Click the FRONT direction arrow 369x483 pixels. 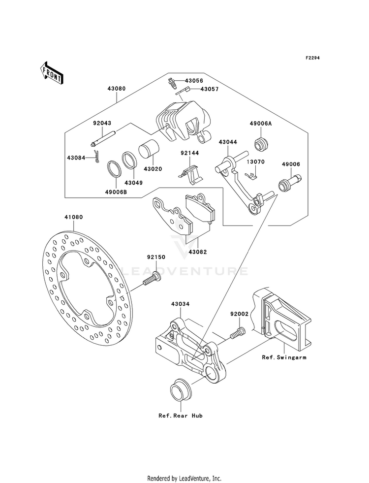51,72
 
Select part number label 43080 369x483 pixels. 116,89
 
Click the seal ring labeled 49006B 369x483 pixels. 114,169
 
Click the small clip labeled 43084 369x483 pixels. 97,157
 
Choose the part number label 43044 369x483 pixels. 228,142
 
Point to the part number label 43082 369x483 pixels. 198,252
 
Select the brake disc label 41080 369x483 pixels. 73,217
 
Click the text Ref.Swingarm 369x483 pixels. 284,357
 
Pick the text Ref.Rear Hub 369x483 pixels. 181,416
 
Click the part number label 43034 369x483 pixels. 181,304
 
